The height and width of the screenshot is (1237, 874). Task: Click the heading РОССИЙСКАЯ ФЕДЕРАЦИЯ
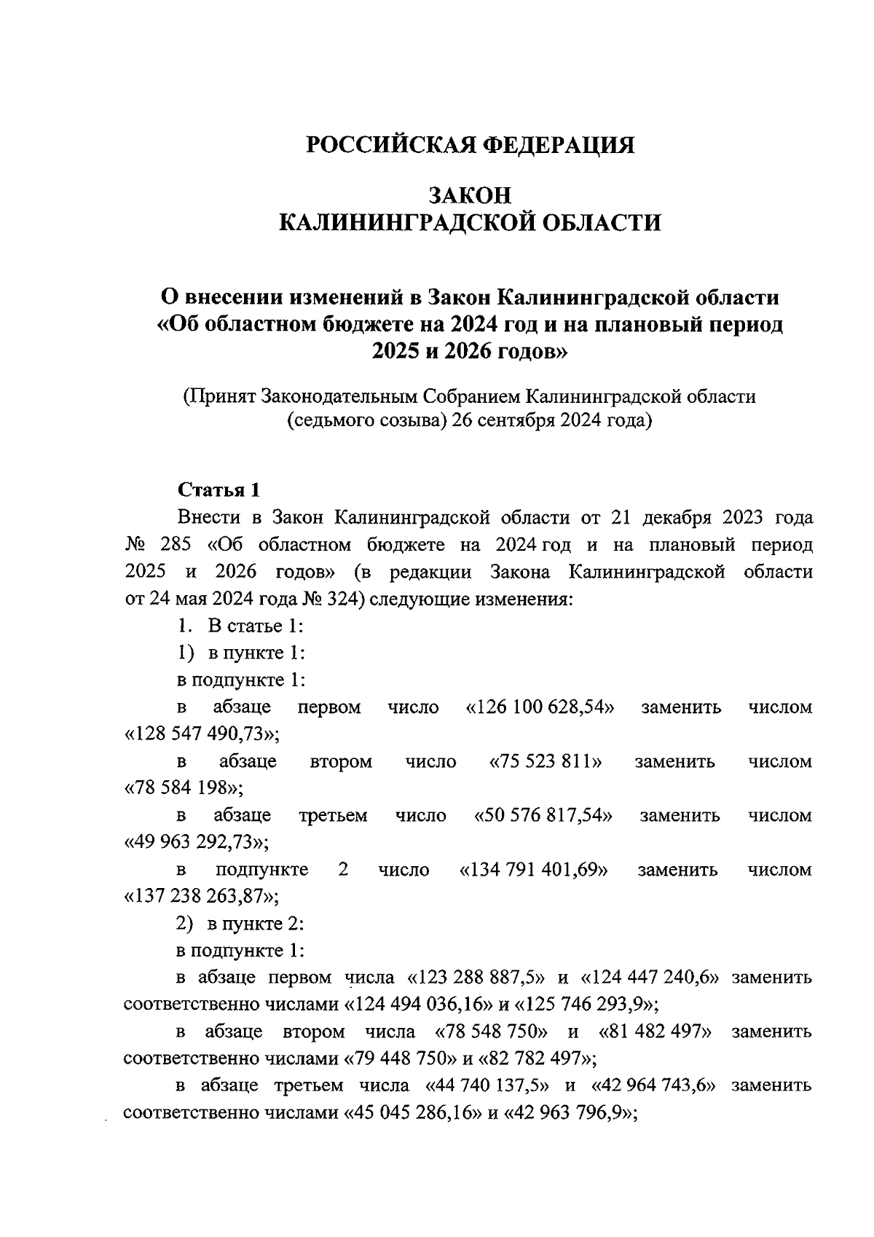(470, 144)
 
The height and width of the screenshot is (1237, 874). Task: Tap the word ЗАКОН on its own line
(470, 195)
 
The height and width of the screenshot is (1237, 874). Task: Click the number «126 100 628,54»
(540, 707)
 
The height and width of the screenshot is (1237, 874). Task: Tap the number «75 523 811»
(546, 761)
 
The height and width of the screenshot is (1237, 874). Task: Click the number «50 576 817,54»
(543, 815)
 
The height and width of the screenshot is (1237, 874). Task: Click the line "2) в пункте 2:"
(240, 924)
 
